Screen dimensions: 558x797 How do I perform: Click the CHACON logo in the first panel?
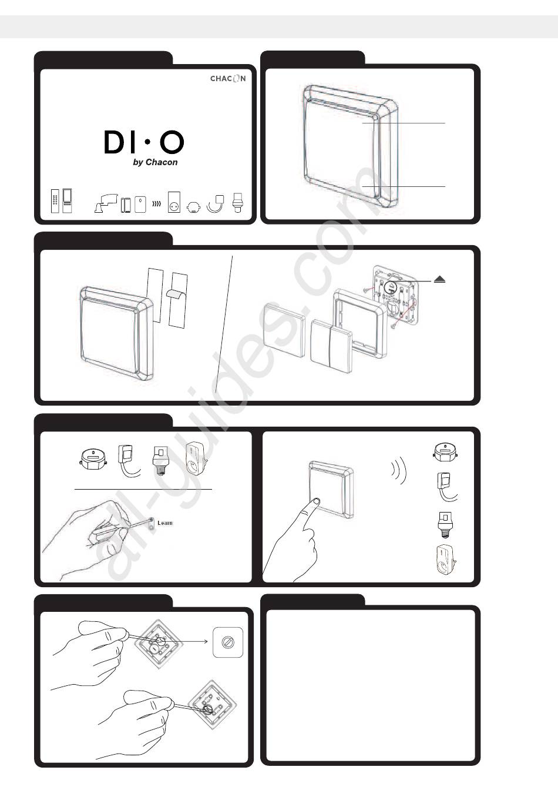[x=228, y=78]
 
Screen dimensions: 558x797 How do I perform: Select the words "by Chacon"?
[x=156, y=162]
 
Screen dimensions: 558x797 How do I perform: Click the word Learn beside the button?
[x=165, y=523]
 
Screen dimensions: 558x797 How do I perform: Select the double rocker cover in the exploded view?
[x=331, y=346]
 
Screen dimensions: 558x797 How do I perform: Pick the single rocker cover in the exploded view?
[x=284, y=330]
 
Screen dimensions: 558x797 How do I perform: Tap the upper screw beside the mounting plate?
[x=368, y=290]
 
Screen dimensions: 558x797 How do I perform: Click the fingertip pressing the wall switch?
[x=315, y=502]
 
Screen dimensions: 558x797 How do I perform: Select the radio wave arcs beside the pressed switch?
[x=399, y=470]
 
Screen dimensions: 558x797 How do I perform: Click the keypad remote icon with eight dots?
[x=55, y=200]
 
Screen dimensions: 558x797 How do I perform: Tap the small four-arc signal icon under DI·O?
[x=156, y=204]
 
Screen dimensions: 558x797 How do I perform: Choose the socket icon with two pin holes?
[x=174, y=202]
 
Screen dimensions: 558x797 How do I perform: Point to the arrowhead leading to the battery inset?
[x=206, y=641]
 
